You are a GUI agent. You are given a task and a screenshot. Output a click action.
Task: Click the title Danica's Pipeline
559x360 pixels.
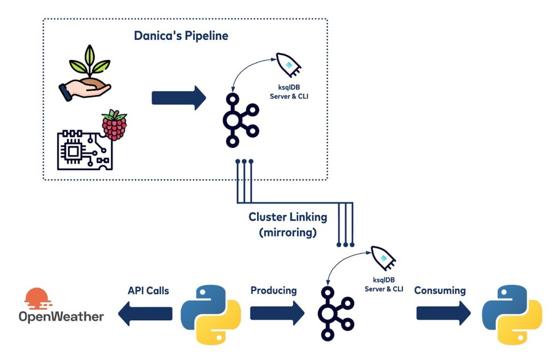(x=181, y=37)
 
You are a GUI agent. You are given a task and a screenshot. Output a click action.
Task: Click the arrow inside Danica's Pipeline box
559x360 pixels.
(x=179, y=98)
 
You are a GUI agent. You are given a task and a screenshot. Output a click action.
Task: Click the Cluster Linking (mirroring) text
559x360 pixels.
(x=288, y=223)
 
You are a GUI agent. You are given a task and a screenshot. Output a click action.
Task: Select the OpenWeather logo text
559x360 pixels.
(x=61, y=316)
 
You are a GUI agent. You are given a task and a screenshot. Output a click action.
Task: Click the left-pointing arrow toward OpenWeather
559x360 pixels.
(x=145, y=314)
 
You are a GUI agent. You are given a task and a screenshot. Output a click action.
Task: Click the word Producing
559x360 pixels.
(x=273, y=290)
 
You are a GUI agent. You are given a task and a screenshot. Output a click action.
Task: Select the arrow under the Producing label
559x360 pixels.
(x=277, y=314)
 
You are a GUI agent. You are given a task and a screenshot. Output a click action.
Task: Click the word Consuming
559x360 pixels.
(x=440, y=290)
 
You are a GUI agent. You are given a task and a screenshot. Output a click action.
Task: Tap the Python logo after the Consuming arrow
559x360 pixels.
(x=512, y=315)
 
